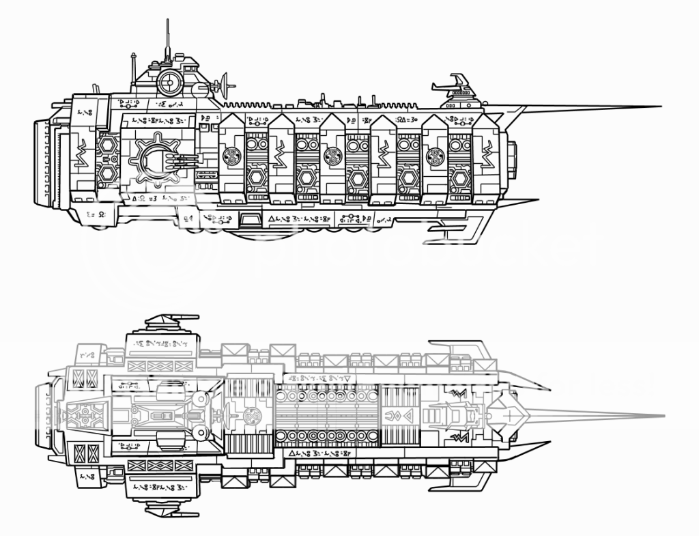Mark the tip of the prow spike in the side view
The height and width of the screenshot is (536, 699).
tap(661, 107)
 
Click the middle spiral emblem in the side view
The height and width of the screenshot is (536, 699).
tap(334, 156)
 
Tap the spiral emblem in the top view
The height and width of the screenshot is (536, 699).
tap(251, 415)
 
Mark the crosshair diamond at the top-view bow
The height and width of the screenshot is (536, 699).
tap(509, 415)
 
